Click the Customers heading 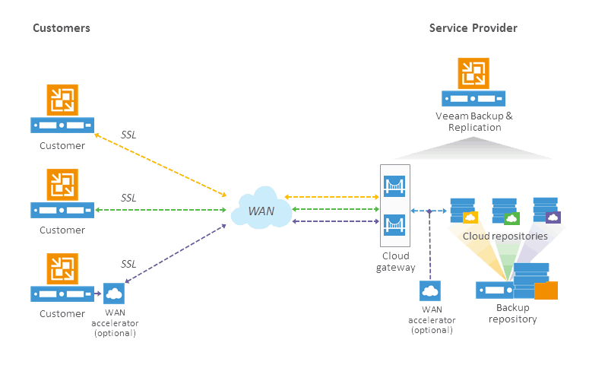pyautogui.click(x=62, y=28)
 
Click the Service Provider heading pyautogui.click(x=473, y=28)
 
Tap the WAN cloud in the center pyautogui.click(x=261, y=208)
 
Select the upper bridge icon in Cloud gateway pyautogui.click(x=394, y=186)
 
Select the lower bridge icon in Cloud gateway pyautogui.click(x=394, y=225)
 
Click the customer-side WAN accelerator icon pyautogui.click(x=114, y=294)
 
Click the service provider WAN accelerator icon pyautogui.click(x=430, y=291)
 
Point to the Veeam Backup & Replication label pyautogui.click(x=474, y=122)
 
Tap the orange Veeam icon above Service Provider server pyautogui.click(x=473, y=73)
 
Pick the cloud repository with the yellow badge pyautogui.click(x=464, y=211)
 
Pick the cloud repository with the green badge pyautogui.click(x=505, y=211)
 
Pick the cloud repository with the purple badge pyautogui.click(x=546, y=210)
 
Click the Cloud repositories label pyautogui.click(x=505, y=236)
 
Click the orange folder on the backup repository pyautogui.click(x=546, y=290)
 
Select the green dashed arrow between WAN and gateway pyautogui.click(x=335, y=209)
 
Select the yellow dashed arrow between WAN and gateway pyautogui.click(x=331, y=197)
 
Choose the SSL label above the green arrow pyautogui.click(x=128, y=198)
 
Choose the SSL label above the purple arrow pyautogui.click(x=128, y=264)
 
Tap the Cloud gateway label pyautogui.click(x=395, y=262)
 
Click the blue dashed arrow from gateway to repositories pyautogui.click(x=429, y=211)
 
